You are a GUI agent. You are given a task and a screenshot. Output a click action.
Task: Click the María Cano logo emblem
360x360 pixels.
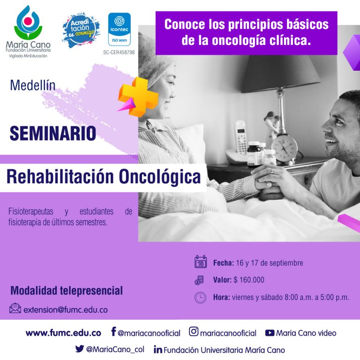tap(28, 22)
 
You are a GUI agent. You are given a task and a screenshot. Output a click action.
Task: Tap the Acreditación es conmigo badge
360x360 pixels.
tap(81, 30)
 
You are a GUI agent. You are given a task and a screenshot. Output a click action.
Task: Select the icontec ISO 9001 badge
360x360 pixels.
tap(120, 30)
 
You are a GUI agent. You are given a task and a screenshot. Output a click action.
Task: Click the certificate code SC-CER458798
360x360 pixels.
tap(119, 52)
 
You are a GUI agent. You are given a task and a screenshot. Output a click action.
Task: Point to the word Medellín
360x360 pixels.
tap(33, 85)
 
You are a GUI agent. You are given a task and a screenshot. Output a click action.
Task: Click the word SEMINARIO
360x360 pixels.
tap(53, 133)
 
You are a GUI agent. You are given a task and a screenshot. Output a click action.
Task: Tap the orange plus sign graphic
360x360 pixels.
tap(138, 97)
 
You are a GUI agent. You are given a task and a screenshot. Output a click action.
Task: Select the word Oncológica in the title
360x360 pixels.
tap(159, 177)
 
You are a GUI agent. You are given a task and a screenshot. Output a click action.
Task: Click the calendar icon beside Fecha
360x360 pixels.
tap(201, 262)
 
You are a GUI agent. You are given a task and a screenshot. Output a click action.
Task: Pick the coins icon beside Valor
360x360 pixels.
tap(199, 280)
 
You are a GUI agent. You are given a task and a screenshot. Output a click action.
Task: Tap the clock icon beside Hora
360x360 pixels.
tap(201, 298)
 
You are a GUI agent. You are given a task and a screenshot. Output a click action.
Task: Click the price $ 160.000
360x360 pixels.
tap(249, 280)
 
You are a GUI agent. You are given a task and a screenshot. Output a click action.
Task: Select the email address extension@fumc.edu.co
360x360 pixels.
tap(66, 310)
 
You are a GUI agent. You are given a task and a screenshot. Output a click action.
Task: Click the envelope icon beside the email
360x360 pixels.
tap(15, 308)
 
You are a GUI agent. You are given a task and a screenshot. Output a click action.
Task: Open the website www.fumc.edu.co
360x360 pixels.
tap(63, 333)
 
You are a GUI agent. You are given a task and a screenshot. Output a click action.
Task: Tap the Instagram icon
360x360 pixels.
tap(194, 331)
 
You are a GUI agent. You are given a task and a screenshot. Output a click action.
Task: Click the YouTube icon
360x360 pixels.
tap(270, 333)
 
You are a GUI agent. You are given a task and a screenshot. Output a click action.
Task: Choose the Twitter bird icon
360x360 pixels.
tap(80, 349)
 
